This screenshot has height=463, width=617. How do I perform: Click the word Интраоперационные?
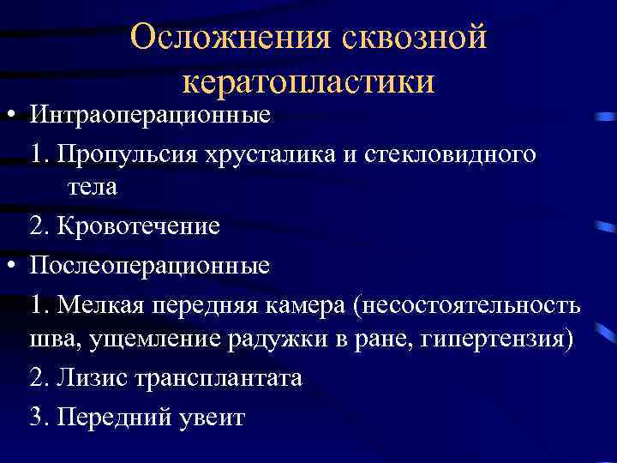click(150, 114)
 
